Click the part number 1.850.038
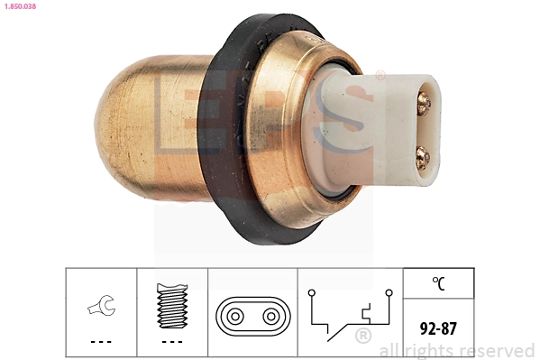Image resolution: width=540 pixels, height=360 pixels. click(x=20, y=6)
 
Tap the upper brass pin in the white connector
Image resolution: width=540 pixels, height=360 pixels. click(x=423, y=103)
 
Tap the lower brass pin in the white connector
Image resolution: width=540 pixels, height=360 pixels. click(x=423, y=158)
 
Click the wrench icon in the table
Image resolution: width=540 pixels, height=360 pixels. click(x=102, y=305)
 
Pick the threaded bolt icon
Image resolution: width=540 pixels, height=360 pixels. click(x=172, y=306)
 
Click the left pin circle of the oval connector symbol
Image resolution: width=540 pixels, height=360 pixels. click(x=235, y=316)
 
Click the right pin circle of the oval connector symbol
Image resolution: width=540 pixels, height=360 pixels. click(x=271, y=316)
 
